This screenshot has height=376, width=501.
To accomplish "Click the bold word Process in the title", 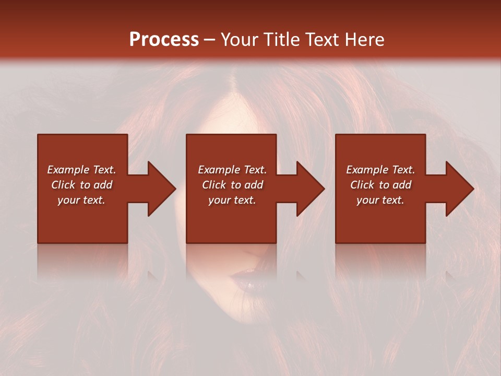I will point(164,40).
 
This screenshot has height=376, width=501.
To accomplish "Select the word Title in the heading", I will point(282,40).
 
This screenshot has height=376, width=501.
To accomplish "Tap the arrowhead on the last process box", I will point(459,189).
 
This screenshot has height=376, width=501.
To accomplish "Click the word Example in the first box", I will point(68,170).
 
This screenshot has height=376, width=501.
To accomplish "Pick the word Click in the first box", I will point(64,185).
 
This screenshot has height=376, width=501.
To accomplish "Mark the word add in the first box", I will point(103,185).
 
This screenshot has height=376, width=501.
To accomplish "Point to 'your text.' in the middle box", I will point(232,200).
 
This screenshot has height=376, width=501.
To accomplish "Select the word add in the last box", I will point(402,185).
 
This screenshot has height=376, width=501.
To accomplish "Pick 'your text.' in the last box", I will point(380,200).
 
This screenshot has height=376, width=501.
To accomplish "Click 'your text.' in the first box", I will point(81,200).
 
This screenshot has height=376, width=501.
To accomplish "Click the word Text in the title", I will point(322,40).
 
